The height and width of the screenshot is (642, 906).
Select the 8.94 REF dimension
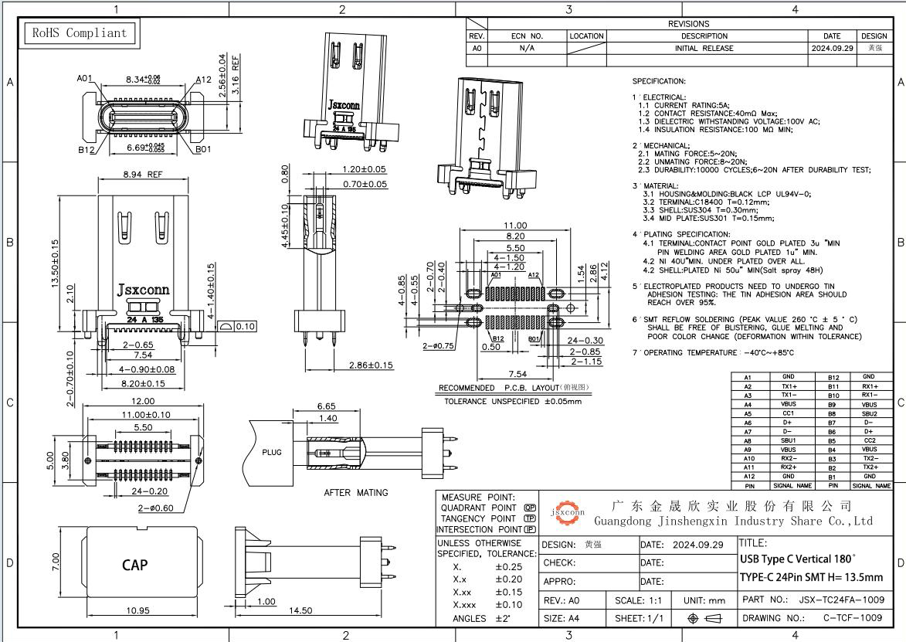[x=143, y=175]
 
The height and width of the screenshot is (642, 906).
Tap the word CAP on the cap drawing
[x=135, y=565]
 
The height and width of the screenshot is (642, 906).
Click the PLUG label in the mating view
[x=272, y=452]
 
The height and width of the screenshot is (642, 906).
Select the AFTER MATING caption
[x=355, y=492]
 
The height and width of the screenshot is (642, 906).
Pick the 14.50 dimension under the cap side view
[x=300, y=610]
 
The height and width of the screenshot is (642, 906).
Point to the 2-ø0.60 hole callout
[x=154, y=508]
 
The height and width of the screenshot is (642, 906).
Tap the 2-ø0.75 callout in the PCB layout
[x=437, y=346]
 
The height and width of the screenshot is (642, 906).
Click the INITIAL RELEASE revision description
[x=704, y=48]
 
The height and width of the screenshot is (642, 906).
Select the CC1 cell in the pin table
[x=789, y=413]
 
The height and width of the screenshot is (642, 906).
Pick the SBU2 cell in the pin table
[x=870, y=413]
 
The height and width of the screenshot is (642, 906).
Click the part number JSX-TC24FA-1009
[x=841, y=600]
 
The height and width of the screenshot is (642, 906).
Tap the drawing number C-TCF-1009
[x=852, y=618]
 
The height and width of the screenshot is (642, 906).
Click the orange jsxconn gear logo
[x=567, y=512]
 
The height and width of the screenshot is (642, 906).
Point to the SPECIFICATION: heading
[x=659, y=81]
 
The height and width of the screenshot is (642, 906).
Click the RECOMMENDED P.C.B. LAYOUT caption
[x=514, y=388]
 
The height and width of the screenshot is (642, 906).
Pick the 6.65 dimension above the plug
[x=326, y=406]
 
